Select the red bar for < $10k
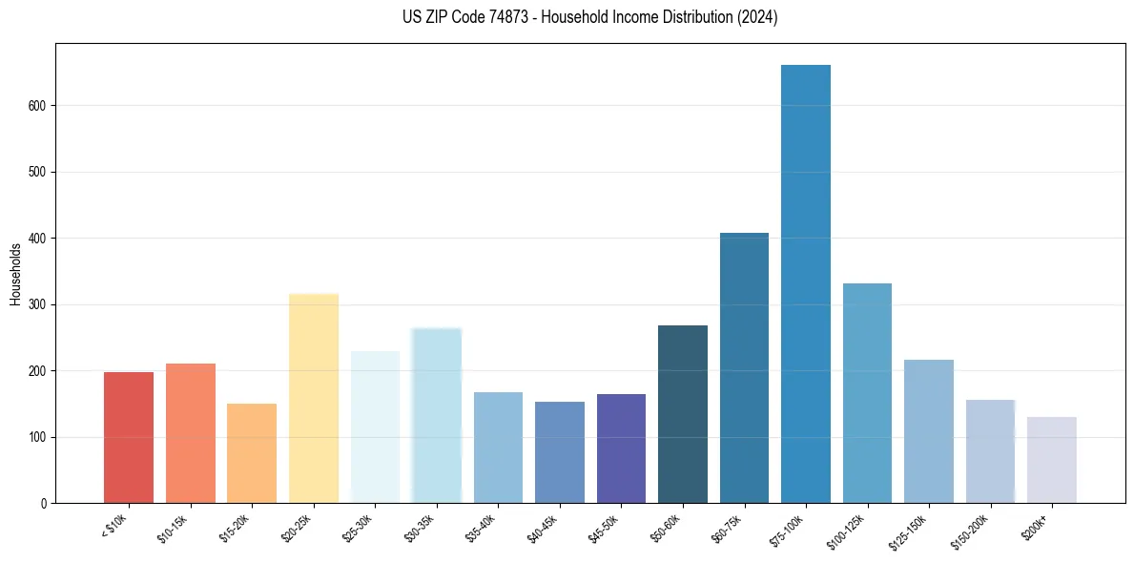point(129,438)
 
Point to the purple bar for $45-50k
point(621,448)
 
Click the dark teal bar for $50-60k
point(683,414)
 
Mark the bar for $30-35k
point(437,416)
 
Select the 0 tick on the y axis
point(44,503)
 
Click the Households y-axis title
point(15,274)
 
